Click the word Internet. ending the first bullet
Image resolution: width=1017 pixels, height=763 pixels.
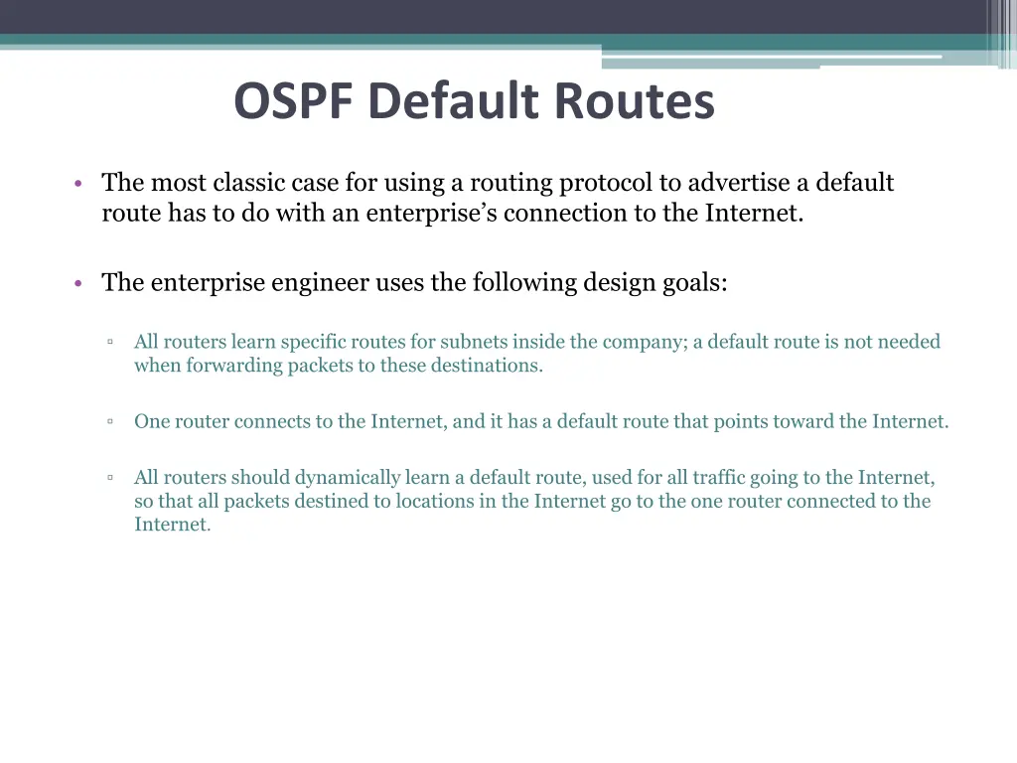pos(754,214)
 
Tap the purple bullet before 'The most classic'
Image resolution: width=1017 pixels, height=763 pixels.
pos(77,185)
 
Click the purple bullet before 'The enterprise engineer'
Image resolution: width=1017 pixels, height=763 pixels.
pos(77,284)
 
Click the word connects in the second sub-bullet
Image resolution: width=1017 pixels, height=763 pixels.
pos(275,421)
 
